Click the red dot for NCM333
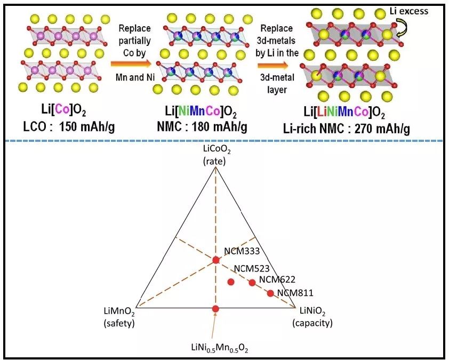tap(215, 260)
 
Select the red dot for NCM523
tap(231, 282)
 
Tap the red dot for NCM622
tap(252, 283)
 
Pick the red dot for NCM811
tap(270, 293)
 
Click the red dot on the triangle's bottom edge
tap(215, 309)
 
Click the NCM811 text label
tap(295, 292)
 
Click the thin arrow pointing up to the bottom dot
tap(212, 327)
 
